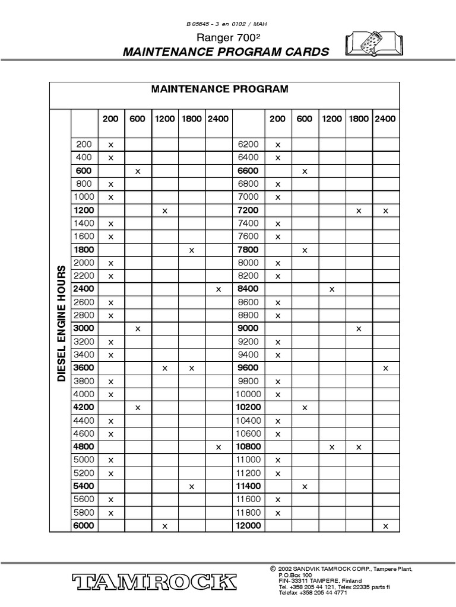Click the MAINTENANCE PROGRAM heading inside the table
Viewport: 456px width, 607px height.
(x=220, y=89)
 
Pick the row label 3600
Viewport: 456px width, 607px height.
(x=84, y=368)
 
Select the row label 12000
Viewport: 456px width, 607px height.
(x=249, y=526)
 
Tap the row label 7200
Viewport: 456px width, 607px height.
(x=248, y=210)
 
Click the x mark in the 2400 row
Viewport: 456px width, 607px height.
(x=218, y=289)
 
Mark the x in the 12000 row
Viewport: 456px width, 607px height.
(x=385, y=526)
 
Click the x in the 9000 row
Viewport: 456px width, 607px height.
(x=359, y=329)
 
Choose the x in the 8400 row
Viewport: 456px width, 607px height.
(x=332, y=289)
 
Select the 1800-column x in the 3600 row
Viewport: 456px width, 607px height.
(x=192, y=368)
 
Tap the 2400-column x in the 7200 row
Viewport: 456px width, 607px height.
(x=385, y=210)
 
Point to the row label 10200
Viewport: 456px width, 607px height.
(x=249, y=407)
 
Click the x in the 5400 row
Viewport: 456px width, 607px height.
(x=192, y=486)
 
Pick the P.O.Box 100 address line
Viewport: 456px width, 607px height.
(x=295, y=575)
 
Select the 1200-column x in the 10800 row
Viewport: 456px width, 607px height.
(x=332, y=447)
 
